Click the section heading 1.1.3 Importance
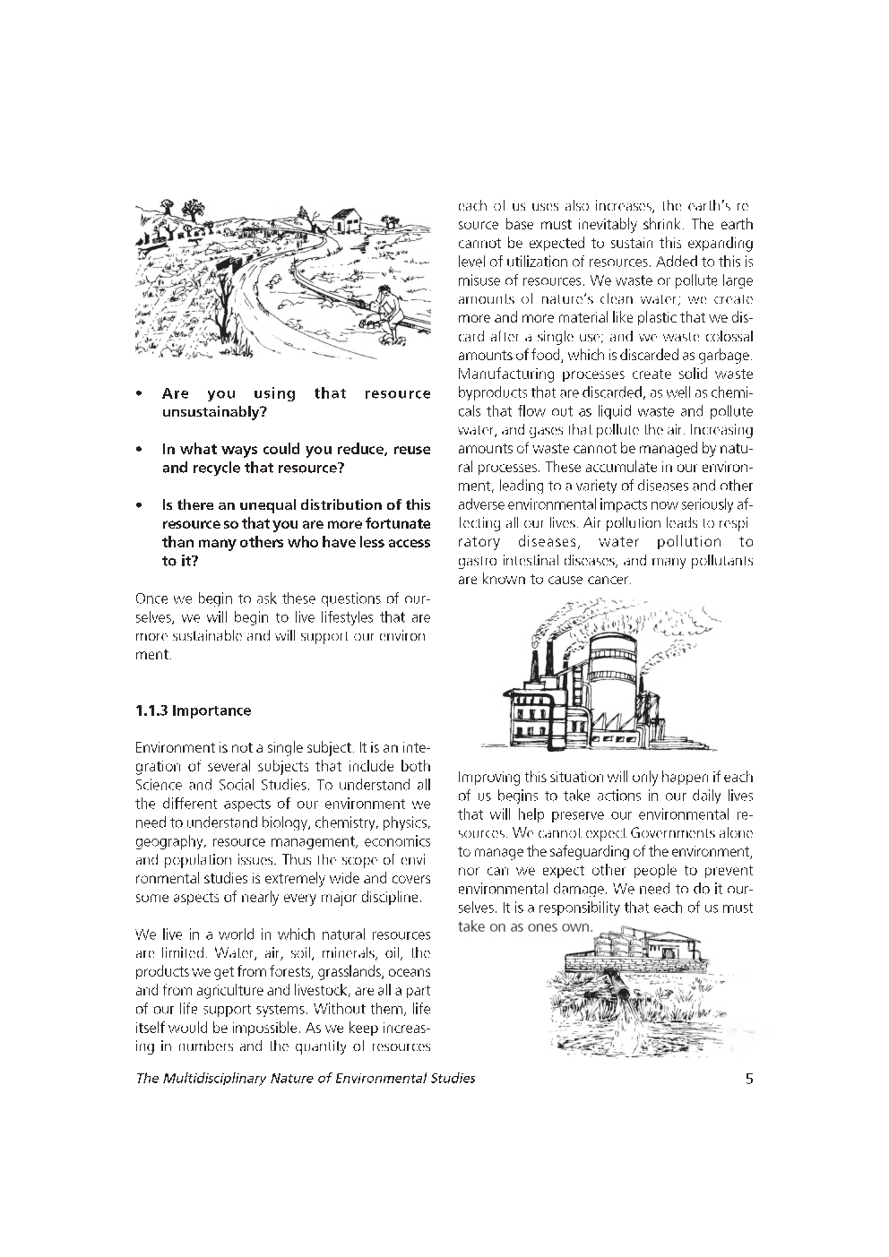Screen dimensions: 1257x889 (x=193, y=710)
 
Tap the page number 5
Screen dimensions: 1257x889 (x=748, y=1078)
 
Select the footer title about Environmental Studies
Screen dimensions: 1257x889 (x=305, y=1078)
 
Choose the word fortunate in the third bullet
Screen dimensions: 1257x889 (x=396, y=523)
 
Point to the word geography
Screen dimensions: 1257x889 (x=170, y=841)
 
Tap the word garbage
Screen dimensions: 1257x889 (x=723, y=356)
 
